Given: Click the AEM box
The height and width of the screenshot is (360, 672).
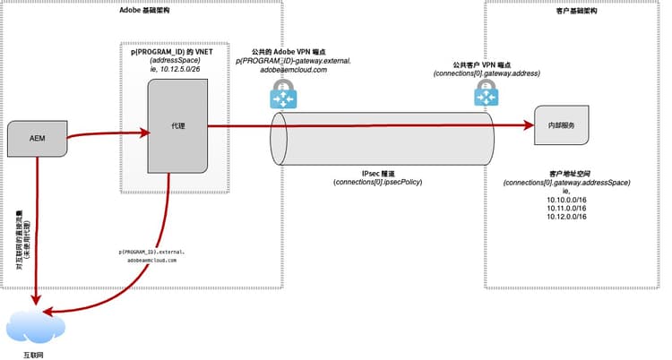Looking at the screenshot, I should pyautogui.click(x=38, y=138).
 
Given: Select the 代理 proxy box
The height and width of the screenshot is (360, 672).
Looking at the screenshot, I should pyautogui.click(x=177, y=126).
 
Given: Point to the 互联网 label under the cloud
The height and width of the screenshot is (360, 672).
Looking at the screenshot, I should pyautogui.click(x=32, y=354).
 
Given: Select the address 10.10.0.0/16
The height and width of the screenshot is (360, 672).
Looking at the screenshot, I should pyautogui.click(x=564, y=200).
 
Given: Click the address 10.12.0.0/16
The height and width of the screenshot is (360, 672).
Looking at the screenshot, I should pyautogui.click(x=564, y=218).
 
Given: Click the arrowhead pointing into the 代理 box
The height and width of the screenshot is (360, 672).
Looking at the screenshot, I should pyautogui.click(x=145, y=133).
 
